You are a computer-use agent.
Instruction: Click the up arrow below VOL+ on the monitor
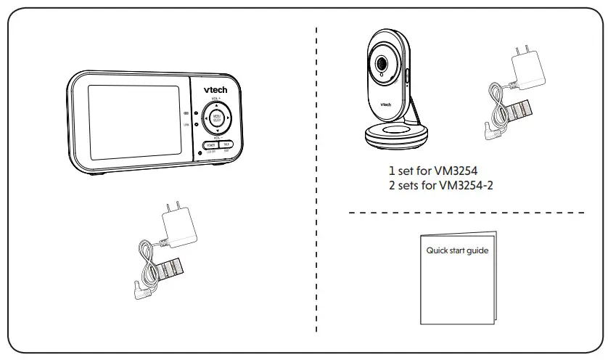point(215,104)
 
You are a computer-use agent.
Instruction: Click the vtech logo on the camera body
point(386,104)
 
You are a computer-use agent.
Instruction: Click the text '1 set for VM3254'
point(434,173)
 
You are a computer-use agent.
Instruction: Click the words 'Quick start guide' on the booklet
point(457,251)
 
